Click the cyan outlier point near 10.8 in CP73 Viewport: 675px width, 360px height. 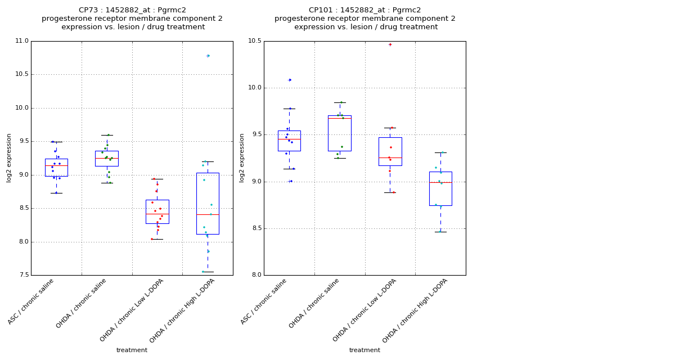click(208, 56)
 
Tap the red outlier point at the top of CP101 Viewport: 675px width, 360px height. click(390, 44)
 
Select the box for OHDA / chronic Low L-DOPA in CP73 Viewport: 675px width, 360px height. click(157, 211)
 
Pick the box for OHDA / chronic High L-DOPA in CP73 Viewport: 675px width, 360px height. click(208, 203)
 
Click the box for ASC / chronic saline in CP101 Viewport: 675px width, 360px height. click(289, 141)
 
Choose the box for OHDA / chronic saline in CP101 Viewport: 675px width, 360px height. click(339, 133)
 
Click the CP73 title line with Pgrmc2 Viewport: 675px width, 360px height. click(132, 10)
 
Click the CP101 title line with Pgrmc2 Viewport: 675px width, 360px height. click(364, 10)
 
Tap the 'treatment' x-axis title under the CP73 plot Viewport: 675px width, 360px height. click(132, 350)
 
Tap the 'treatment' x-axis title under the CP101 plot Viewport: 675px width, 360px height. click(364, 350)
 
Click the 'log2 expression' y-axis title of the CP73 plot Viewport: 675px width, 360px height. click(10, 157)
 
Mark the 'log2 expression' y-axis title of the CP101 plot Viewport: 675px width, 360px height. click(242, 157)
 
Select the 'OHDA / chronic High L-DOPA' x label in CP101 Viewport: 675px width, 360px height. click(415, 310)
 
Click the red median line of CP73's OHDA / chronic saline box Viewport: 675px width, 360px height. click(107, 159)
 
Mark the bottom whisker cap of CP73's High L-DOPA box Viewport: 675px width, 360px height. click(208, 272)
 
